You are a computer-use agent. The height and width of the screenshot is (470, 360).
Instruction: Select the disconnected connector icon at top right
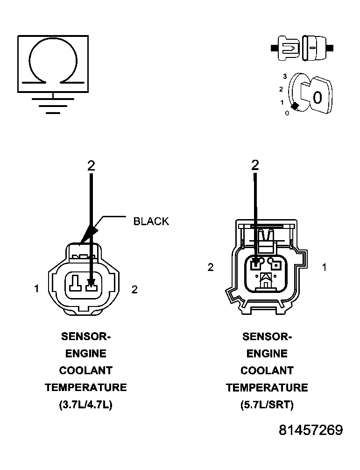tap(302, 48)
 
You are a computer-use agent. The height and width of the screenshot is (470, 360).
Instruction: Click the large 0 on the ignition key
tap(317, 97)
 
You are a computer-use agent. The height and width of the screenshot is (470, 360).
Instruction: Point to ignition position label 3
tap(284, 75)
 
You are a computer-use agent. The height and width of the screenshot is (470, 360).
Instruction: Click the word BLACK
tap(151, 221)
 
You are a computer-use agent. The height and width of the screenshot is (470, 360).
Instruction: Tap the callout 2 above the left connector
tap(91, 165)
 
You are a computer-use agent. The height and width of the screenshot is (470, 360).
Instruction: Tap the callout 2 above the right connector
tap(255, 164)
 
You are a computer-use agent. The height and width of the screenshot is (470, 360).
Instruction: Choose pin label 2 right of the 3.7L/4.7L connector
tap(134, 290)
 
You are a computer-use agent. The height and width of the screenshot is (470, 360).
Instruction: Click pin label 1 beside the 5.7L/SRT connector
tap(324, 267)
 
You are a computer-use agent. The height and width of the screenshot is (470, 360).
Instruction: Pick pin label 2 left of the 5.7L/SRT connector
tap(211, 267)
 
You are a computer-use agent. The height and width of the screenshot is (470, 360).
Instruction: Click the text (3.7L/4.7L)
tap(85, 405)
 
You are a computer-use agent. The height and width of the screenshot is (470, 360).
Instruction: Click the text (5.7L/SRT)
tap(267, 405)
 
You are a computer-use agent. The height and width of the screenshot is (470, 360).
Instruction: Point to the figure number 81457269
tap(311, 430)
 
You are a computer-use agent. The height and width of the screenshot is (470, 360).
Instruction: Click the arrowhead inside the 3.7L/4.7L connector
tap(91, 282)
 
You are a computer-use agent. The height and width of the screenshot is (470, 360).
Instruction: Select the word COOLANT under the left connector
tap(85, 370)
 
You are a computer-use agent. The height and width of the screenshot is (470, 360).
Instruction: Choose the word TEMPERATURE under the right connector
tap(267, 387)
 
